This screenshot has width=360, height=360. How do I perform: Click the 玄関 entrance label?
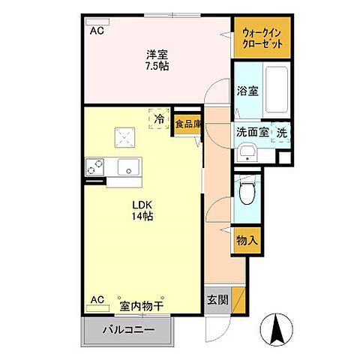[x=216, y=301]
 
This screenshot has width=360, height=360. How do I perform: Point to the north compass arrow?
[x=275, y=328]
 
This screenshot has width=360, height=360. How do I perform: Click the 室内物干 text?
[x=142, y=307]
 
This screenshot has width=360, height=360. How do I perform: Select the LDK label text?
[x=142, y=204]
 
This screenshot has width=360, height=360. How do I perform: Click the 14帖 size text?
[x=142, y=216]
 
